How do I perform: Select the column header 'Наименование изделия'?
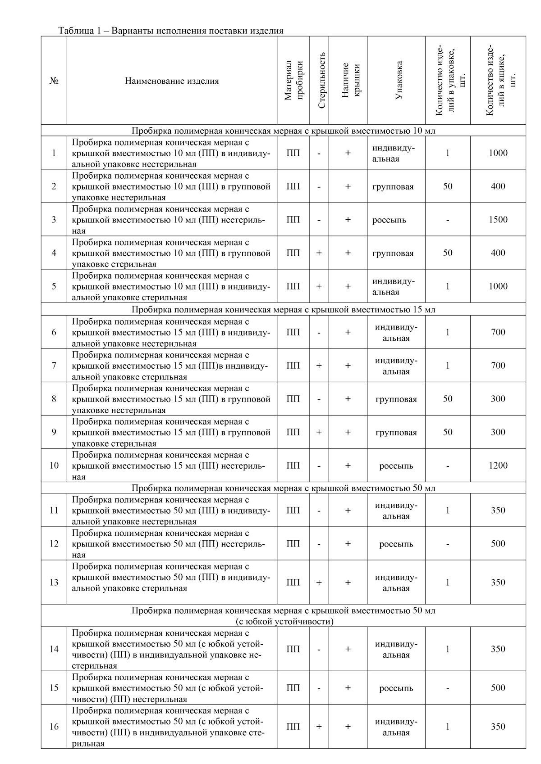(x=172, y=81)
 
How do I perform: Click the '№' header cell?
(x=54, y=81)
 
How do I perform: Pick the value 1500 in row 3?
(x=498, y=220)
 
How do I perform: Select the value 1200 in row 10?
(x=498, y=466)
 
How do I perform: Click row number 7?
(x=54, y=366)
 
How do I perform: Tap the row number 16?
(x=54, y=727)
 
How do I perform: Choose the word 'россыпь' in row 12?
(x=396, y=544)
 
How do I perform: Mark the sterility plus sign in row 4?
(x=319, y=253)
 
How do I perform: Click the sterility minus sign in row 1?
(x=319, y=153)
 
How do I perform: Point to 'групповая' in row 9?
(x=396, y=433)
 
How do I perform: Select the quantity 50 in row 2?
(x=447, y=186)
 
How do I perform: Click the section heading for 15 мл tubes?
(x=283, y=310)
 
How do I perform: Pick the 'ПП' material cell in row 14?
(x=293, y=649)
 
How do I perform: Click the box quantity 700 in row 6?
(x=498, y=332)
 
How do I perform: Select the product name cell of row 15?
(x=172, y=688)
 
